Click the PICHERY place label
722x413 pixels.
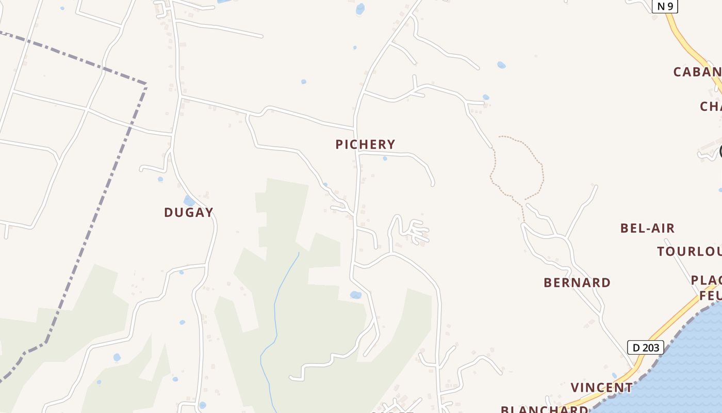365,144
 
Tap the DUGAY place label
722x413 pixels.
188,212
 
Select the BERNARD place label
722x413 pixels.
577,282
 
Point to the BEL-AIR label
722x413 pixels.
647,228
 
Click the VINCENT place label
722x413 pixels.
601,387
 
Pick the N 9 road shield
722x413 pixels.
665,6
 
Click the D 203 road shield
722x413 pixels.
645,347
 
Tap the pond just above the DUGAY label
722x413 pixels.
189,200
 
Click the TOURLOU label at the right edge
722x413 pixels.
689,251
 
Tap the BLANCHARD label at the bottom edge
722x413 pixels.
544,409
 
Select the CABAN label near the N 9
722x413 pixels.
697,72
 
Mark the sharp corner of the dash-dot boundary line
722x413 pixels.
146,84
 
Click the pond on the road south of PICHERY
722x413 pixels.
355,295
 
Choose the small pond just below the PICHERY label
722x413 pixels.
385,158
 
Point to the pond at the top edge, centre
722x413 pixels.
360,8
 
